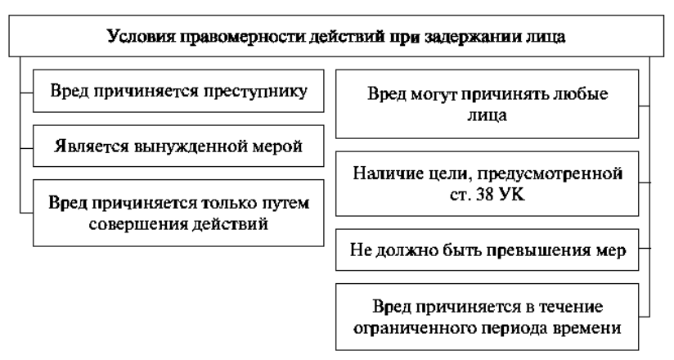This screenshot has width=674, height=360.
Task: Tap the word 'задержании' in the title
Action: (473, 37)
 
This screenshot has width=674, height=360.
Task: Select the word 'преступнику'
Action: (255, 92)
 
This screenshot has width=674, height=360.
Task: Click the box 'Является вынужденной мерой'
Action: (178, 146)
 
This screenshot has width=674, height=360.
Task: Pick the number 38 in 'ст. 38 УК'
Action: (486, 196)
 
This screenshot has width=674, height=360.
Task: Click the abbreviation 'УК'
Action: (512, 196)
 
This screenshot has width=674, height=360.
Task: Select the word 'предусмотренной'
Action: (550, 174)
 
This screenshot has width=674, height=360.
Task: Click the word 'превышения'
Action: (528, 250)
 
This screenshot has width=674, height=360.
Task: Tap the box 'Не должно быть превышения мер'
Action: (487, 250)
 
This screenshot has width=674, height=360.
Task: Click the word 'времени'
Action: (589, 329)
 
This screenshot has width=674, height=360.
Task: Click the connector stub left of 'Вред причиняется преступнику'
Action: (27, 92)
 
